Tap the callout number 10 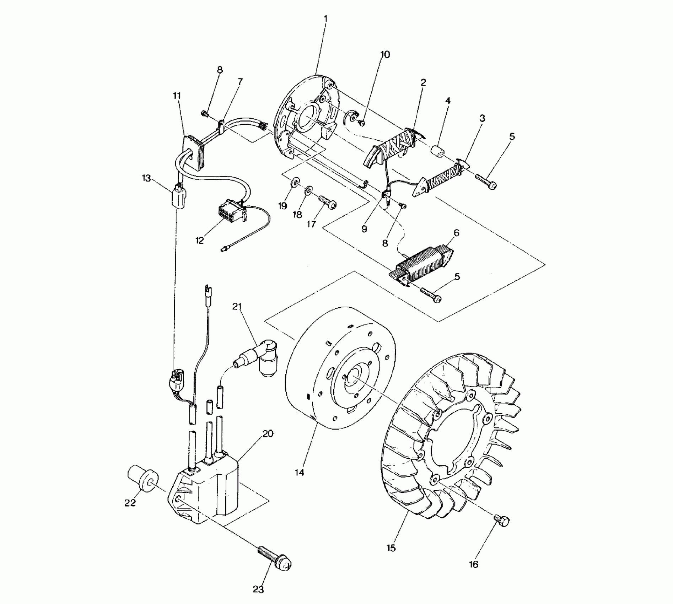click(x=385, y=54)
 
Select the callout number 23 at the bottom click(x=258, y=589)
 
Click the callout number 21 click(x=237, y=307)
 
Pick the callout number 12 click(x=200, y=241)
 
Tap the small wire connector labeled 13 click(x=178, y=198)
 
